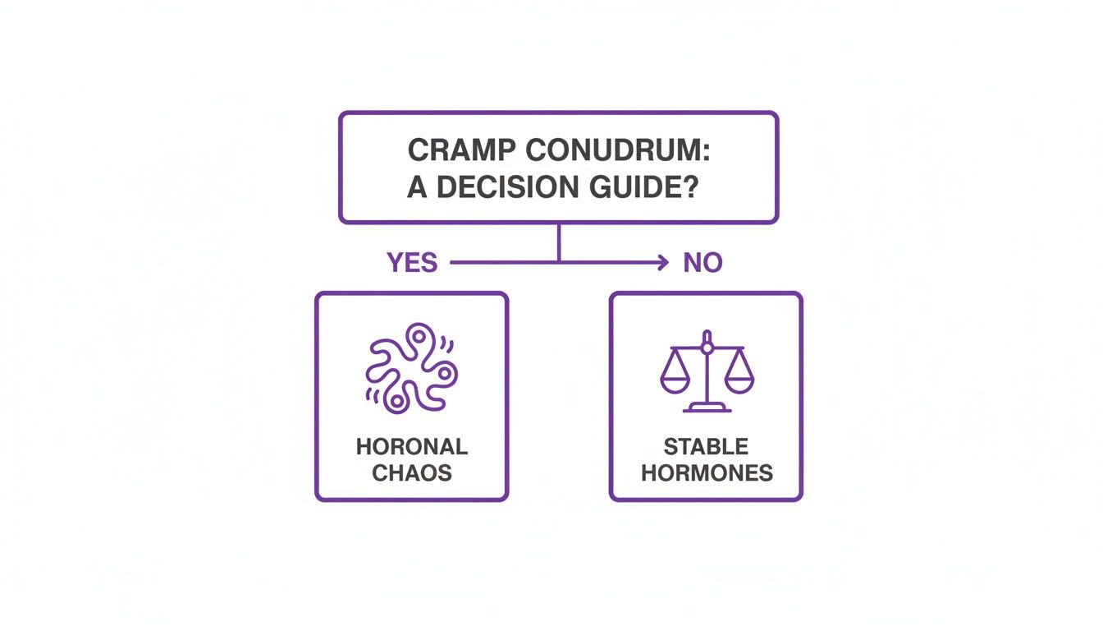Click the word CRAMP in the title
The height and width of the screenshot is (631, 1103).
click(x=461, y=150)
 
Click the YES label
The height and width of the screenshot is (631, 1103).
click(x=412, y=263)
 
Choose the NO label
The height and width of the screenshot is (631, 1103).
click(x=703, y=263)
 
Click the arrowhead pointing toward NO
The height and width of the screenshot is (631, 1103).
click(x=663, y=263)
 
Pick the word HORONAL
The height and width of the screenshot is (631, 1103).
click(x=412, y=447)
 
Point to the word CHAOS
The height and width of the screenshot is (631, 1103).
click(x=412, y=473)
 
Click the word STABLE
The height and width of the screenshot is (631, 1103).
click(x=707, y=447)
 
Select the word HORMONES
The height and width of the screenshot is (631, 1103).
click(x=707, y=473)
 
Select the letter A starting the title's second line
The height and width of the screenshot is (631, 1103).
click(x=418, y=187)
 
